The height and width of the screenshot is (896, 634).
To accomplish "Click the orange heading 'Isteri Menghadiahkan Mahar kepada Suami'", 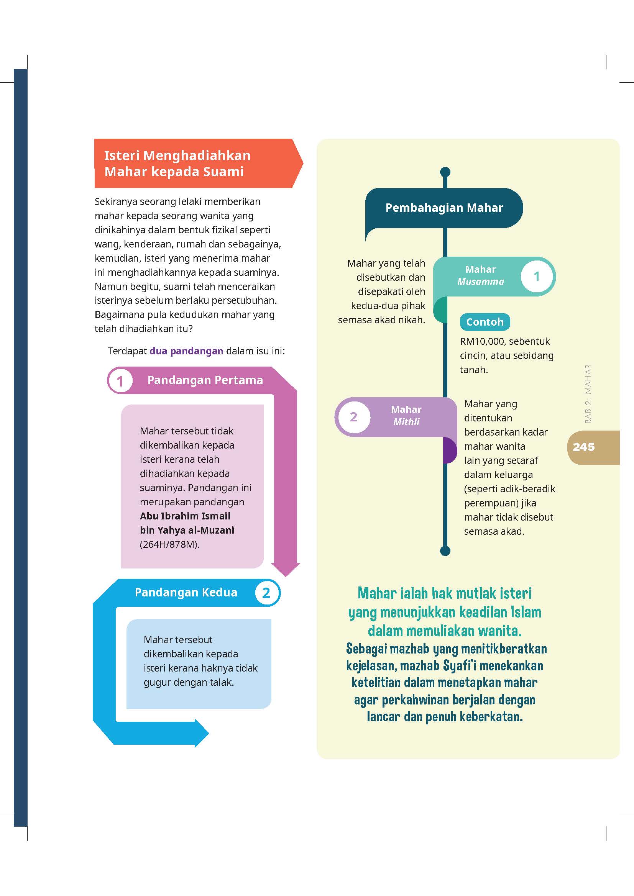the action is pyautogui.click(x=177, y=163).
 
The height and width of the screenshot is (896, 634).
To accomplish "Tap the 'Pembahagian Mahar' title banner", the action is pyautogui.click(x=444, y=208).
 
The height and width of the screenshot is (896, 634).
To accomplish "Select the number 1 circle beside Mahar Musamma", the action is pyautogui.click(x=536, y=276).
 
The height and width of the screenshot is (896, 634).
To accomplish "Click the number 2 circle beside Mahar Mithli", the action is pyautogui.click(x=354, y=417).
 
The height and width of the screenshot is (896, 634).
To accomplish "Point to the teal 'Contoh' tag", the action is pyautogui.click(x=485, y=322).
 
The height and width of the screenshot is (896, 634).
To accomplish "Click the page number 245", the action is pyautogui.click(x=584, y=447).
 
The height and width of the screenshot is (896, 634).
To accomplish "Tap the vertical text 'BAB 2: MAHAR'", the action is pyautogui.click(x=588, y=394).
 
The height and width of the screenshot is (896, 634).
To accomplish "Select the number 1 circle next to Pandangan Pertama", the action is pyautogui.click(x=120, y=380).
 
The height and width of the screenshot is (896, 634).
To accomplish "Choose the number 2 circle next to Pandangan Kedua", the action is pyautogui.click(x=266, y=593).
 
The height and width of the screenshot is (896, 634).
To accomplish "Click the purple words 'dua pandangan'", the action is pyautogui.click(x=186, y=351).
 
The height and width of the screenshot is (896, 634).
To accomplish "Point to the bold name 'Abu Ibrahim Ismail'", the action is pyautogui.click(x=185, y=516).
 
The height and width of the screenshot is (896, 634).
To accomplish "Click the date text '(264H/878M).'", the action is pyautogui.click(x=169, y=544).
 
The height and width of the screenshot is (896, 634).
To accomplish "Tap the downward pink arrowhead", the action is pyautogui.click(x=286, y=569).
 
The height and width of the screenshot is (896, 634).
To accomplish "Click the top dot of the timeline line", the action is pyautogui.click(x=445, y=172).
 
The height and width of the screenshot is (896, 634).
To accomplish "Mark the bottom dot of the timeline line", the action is pyautogui.click(x=445, y=550).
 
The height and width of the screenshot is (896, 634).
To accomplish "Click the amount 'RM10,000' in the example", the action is pyautogui.click(x=481, y=341).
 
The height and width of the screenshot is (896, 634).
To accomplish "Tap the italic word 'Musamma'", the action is pyautogui.click(x=481, y=282).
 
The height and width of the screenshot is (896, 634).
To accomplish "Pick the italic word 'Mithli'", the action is pyautogui.click(x=406, y=422).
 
